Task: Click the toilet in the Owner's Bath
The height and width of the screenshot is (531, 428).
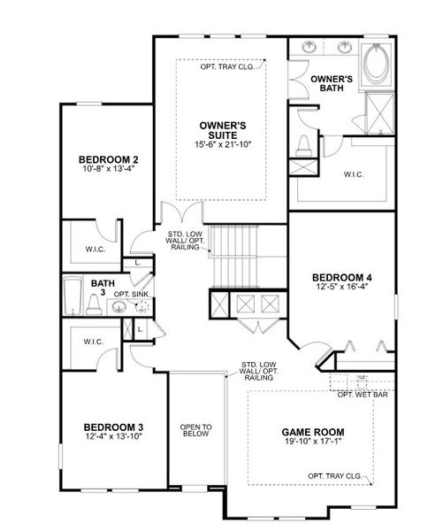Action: click(x=304, y=143)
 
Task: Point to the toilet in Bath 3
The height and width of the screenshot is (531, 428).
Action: click(x=93, y=306)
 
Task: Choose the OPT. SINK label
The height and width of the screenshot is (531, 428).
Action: click(x=129, y=294)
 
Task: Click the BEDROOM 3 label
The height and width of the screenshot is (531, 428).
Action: click(x=113, y=427)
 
